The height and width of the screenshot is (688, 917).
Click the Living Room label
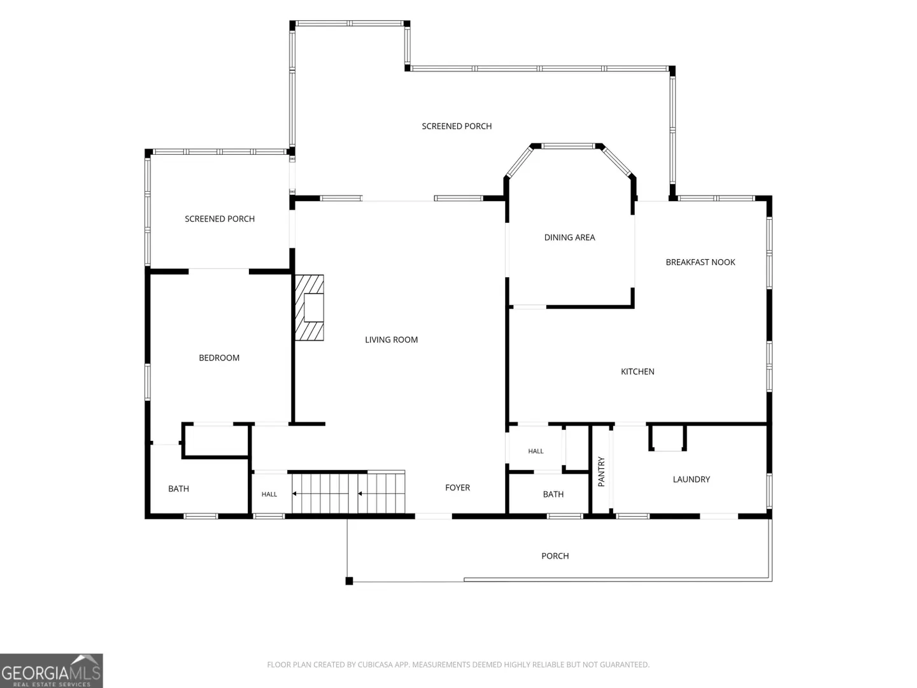pos(391,340)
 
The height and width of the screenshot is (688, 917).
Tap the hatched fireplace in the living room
pos(309,308)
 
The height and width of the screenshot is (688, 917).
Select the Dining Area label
pos(569,237)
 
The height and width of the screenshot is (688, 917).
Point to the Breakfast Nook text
pos(700,262)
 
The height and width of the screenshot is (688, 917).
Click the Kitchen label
pos(637,371)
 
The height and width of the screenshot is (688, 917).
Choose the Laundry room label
pos(691,479)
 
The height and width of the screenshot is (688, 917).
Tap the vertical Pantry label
pos(601,471)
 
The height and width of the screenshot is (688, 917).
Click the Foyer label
pos(457,487)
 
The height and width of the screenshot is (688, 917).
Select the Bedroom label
pos(219,357)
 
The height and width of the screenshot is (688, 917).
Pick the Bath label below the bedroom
pos(178,489)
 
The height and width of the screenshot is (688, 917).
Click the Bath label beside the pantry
pos(553,494)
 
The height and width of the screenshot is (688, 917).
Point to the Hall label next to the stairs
pos(269,494)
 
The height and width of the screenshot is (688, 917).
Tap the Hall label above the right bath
pos(536,451)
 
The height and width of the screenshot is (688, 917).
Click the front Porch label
pos(555,556)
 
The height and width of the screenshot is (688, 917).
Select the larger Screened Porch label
pos(457,126)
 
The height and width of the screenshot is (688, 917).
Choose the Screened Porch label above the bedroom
pos(220,219)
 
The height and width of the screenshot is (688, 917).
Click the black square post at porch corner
pos(349,580)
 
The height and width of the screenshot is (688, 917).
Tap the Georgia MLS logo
pos(52,670)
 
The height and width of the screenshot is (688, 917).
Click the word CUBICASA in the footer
pos(375,664)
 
